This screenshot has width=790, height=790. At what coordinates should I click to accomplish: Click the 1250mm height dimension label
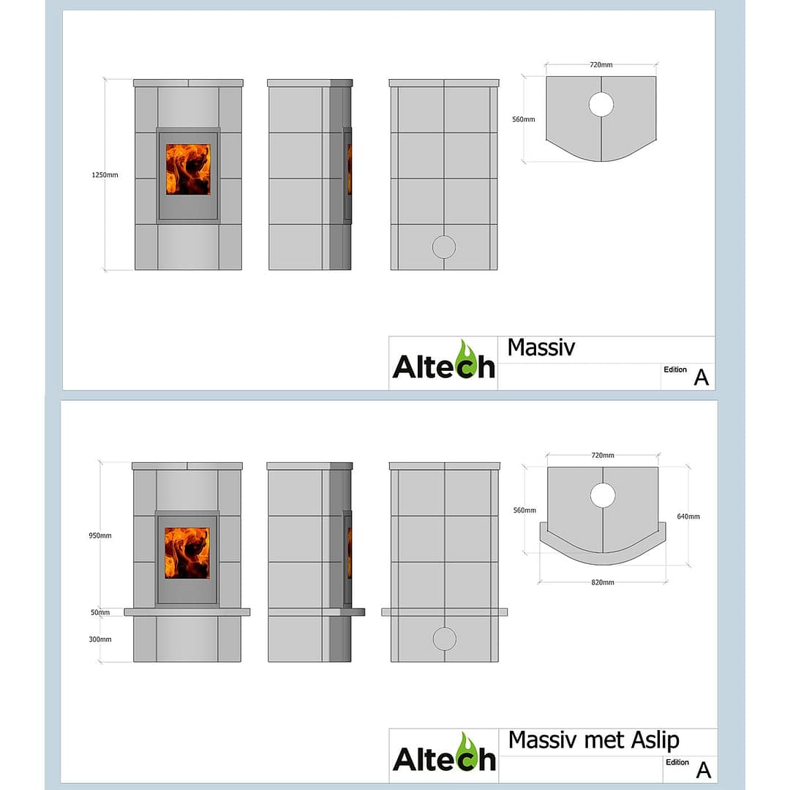click(105, 175)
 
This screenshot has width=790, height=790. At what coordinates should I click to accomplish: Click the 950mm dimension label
click(101, 535)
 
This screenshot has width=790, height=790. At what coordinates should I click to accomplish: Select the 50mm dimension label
click(100, 612)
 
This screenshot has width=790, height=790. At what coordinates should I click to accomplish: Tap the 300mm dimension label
click(101, 639)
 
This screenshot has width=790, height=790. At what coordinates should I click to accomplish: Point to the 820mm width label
click(603, 582)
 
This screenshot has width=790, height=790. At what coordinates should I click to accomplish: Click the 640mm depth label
click(688, 516)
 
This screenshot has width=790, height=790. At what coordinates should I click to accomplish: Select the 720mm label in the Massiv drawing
click(601, 65)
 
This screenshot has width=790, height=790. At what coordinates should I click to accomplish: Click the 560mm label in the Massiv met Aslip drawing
click(524, 511)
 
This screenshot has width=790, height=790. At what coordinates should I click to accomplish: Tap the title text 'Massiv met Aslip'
click(593, 740)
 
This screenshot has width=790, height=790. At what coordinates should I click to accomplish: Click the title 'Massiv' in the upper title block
click(541, 347)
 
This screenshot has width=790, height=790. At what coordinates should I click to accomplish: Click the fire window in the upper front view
click(188, 169)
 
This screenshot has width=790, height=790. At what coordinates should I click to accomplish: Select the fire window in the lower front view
click(187, 553)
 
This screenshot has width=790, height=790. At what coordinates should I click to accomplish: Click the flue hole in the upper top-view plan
click(601, 105)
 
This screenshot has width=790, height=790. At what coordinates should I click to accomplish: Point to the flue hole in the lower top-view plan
click(603, 495)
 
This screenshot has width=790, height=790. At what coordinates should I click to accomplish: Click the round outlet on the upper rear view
click(443, 247)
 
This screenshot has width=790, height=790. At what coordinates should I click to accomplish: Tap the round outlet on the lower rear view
click(443, 639)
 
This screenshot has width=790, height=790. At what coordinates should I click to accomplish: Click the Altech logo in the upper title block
click(443, 361)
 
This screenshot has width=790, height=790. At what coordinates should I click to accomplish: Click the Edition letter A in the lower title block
click(702, 770)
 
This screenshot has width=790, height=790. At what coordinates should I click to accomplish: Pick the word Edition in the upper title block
click(675, 369)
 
